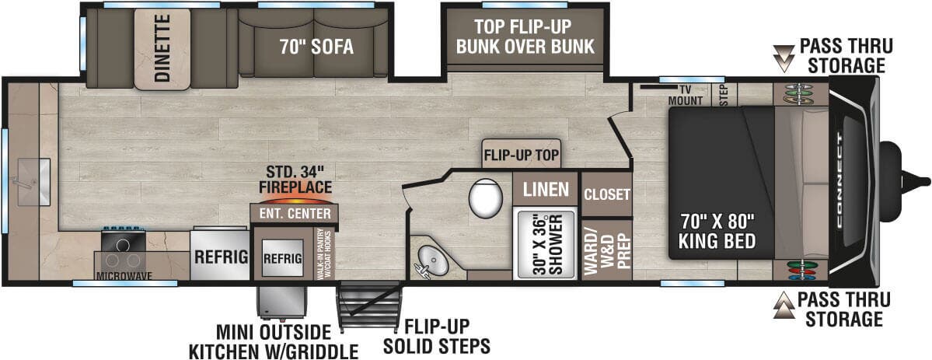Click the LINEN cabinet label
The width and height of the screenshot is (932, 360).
tap(544, 189)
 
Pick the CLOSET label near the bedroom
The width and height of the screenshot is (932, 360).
tap(606, 194)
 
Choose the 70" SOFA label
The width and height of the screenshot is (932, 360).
tap(316, 47)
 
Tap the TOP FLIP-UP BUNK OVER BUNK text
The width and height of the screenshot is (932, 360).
tap(525, 37)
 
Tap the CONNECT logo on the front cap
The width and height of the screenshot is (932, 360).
tap(843, 180)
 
